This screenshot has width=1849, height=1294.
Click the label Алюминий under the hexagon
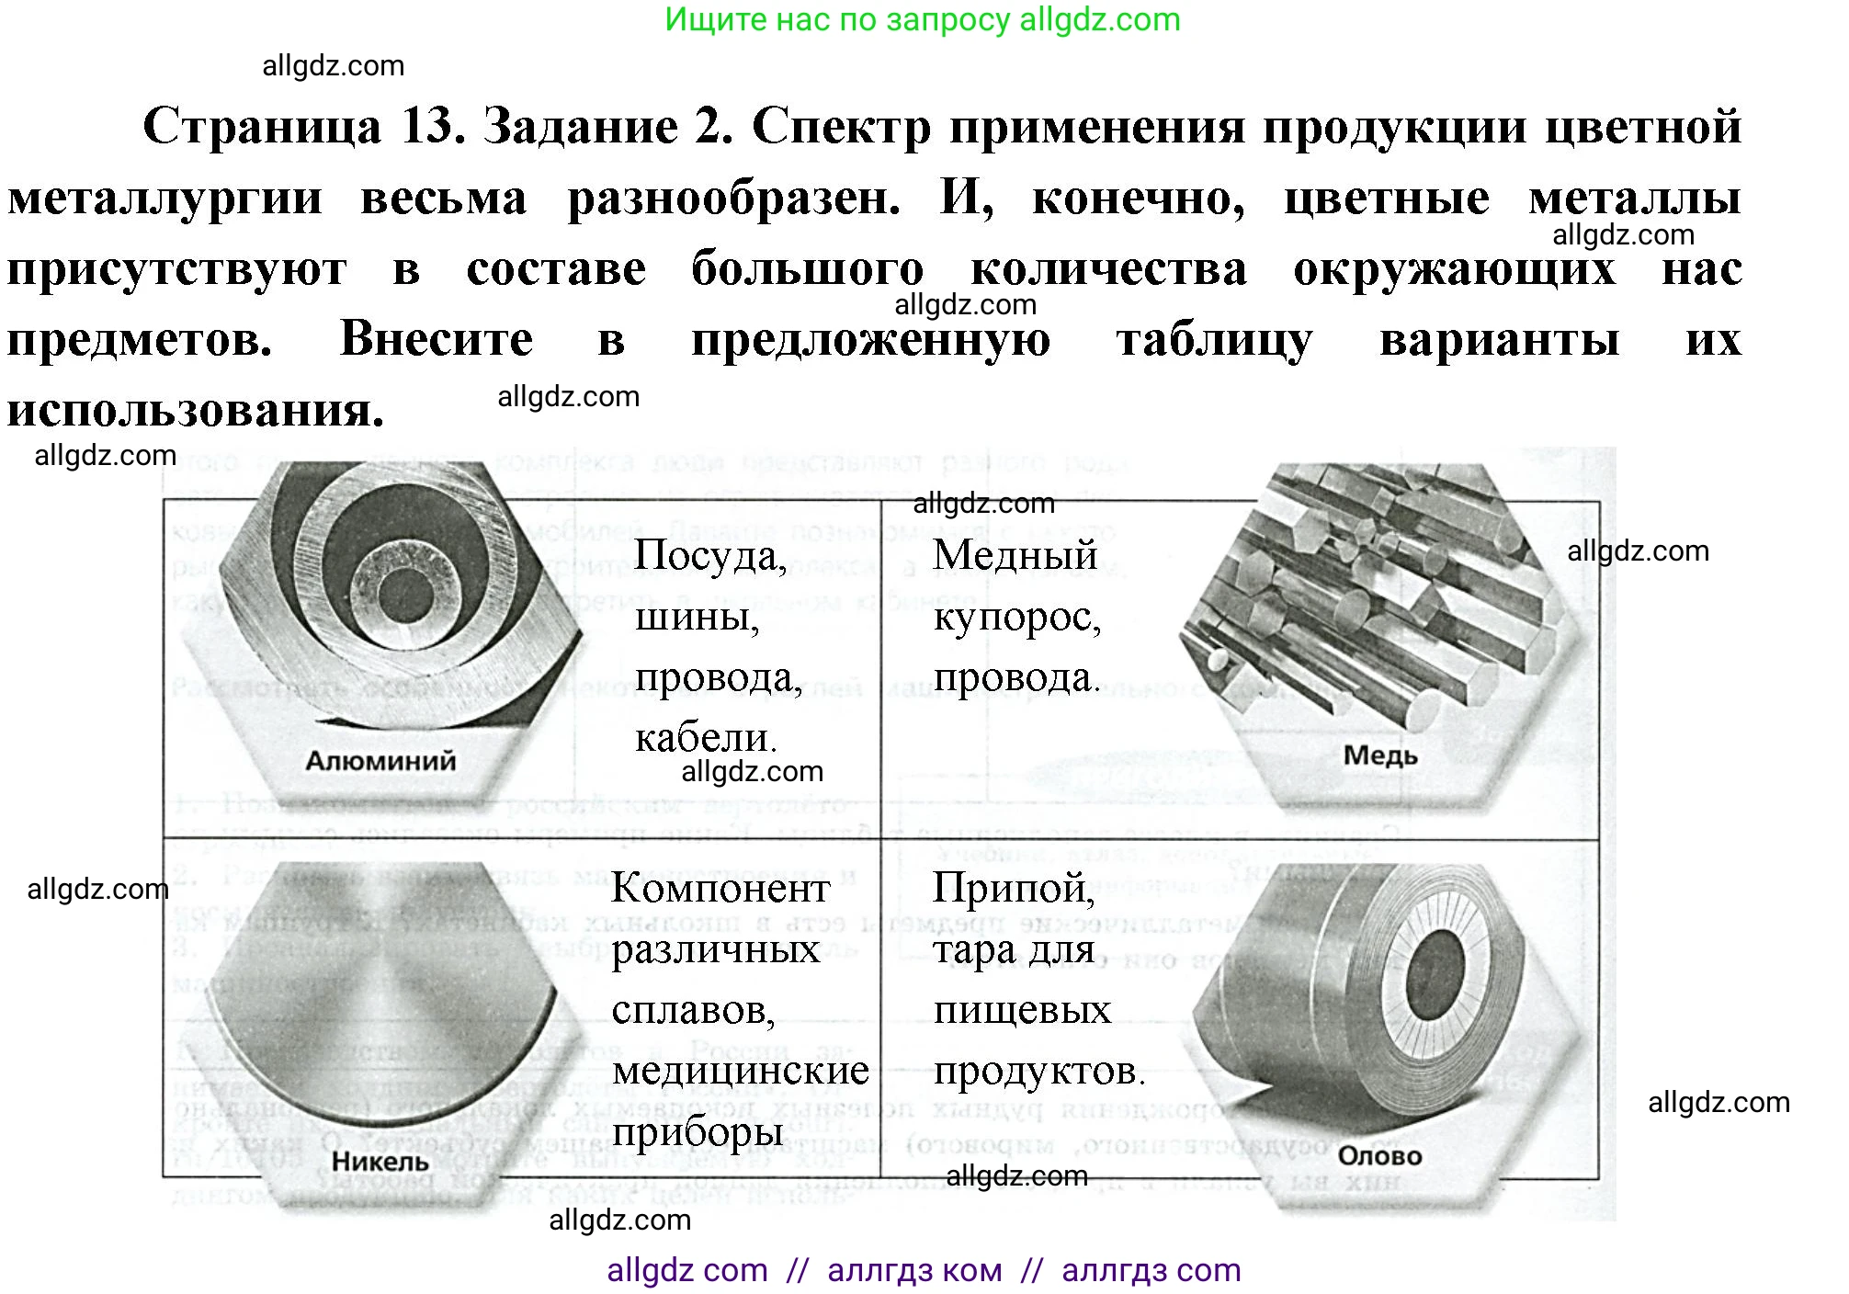380,761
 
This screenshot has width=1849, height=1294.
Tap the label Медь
1379,755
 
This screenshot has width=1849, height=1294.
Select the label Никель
380,1162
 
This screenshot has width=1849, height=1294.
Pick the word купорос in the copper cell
1016,618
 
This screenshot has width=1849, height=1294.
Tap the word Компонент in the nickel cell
720,889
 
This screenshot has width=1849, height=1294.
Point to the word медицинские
741,1070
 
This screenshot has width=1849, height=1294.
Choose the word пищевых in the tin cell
1022,1010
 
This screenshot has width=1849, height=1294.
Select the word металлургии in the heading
165,198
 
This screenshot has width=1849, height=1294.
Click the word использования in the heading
195,410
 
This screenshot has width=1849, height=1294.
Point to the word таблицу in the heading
1214,339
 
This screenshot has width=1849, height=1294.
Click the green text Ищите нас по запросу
836,19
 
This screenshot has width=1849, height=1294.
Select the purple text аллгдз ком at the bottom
914,1270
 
